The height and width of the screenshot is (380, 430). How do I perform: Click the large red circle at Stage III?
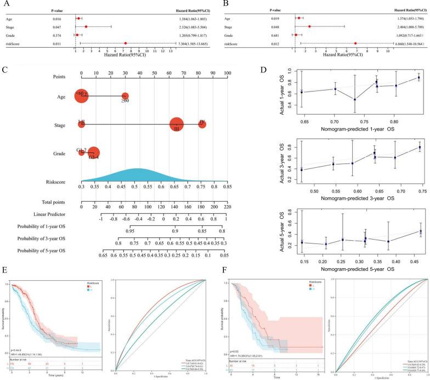coord(177,124)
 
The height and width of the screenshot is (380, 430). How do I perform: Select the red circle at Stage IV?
coord(202,124)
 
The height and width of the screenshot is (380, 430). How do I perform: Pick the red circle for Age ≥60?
coord(125,97)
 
